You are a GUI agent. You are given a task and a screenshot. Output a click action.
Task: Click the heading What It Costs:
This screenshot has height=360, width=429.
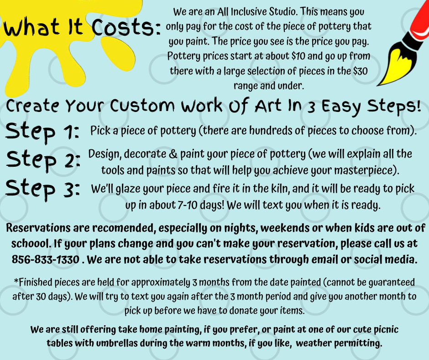tap(82, 27)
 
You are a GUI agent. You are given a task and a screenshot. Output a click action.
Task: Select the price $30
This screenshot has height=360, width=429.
tap(360, 71)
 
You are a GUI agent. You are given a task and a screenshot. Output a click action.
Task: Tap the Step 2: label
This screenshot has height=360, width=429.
tap(43, 161)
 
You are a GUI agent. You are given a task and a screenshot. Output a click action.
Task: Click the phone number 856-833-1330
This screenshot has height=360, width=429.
tap(46, 259)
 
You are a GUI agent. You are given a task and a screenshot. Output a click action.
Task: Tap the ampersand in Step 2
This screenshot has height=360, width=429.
tap(173, 154)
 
